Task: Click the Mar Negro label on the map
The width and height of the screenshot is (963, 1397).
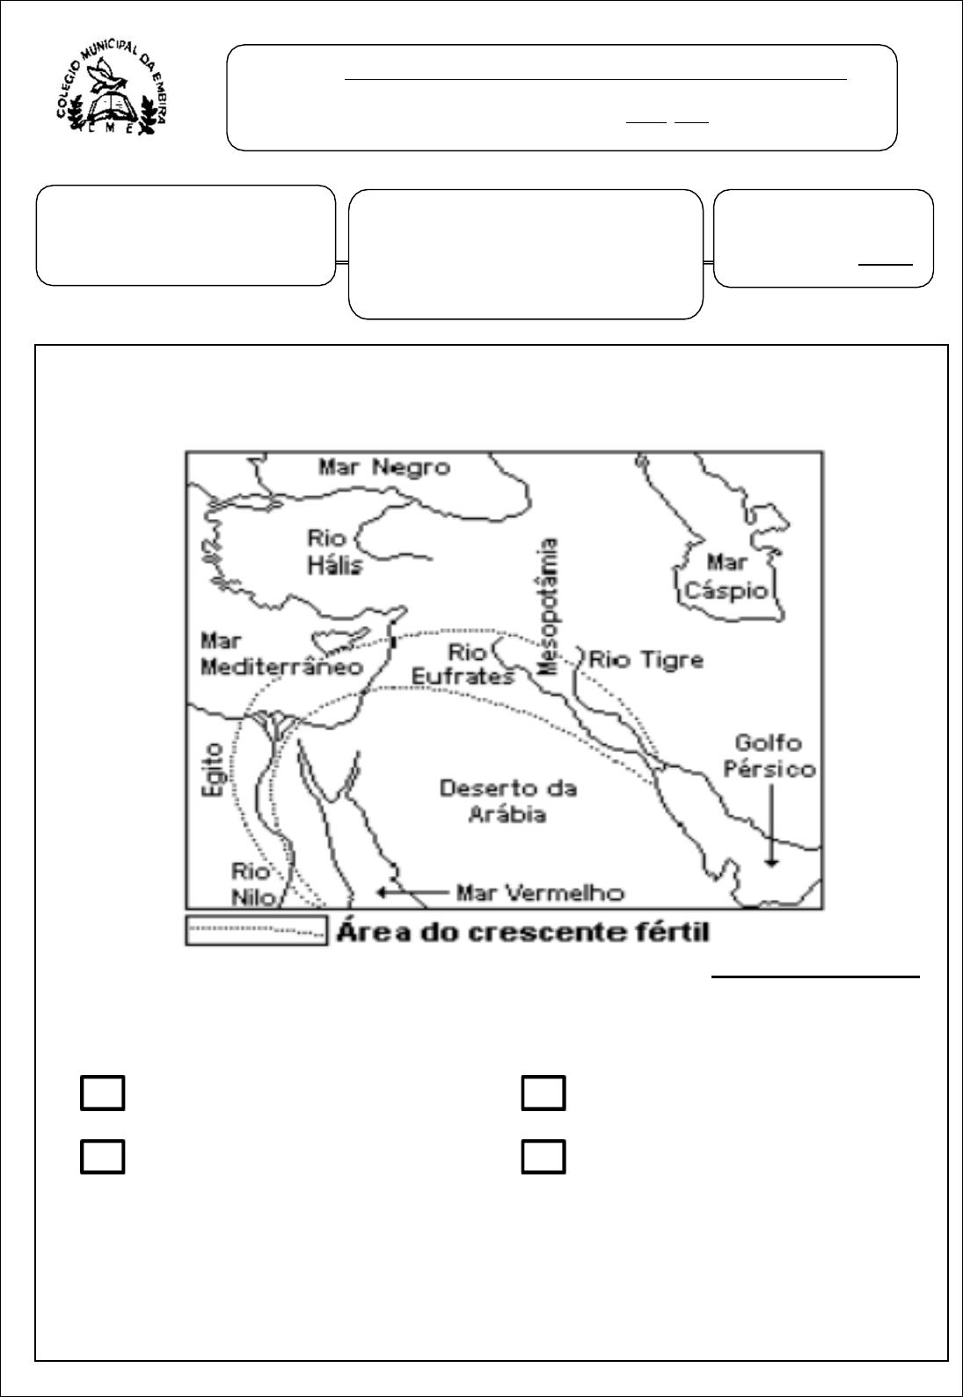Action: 383,466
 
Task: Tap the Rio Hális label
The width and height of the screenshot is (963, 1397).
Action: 334,551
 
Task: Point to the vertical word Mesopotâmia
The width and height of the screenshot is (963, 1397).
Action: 551,607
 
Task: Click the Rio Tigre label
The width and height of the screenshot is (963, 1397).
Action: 646,659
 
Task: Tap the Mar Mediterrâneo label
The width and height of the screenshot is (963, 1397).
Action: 281,654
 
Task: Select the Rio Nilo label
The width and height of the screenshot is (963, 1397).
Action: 252,883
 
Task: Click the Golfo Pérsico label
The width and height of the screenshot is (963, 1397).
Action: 769,756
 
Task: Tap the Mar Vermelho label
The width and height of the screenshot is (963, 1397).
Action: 540,893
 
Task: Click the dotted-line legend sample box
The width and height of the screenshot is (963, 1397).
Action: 255,931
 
